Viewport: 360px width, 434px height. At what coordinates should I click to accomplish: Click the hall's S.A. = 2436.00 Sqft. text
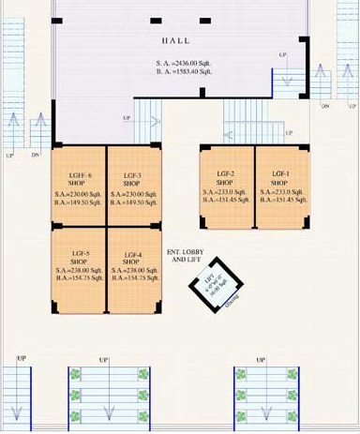[x=184, y=63]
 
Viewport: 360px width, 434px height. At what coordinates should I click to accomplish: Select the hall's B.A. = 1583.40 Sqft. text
[x=184, y=71]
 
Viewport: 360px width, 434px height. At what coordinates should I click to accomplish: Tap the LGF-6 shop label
[x=78, y=178]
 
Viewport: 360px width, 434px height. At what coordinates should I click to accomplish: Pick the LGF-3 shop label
[x=132, y=178]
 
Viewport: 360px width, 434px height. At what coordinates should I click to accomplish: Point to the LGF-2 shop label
[x=225, y=178]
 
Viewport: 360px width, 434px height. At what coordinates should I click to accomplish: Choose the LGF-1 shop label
[x=280, y=178]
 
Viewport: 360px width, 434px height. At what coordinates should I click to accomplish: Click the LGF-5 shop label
[x=79, y=257]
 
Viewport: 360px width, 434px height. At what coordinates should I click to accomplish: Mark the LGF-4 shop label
[x=133, y=257]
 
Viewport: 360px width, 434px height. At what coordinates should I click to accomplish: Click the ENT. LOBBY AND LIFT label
[x=186, y=256]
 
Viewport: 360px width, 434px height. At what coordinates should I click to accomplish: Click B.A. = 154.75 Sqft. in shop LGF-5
[x=79, y=278]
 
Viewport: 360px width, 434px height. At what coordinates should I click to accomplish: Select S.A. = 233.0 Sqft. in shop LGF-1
[x=280, y=191]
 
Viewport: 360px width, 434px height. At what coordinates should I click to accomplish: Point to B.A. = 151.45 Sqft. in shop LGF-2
[x=225, y=200]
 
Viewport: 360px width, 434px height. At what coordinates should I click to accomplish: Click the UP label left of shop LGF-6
[x=10, y=155]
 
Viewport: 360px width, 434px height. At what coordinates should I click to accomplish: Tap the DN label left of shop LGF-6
[x=36, y=155]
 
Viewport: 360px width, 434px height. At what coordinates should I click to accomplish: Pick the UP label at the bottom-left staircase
[x=21, y=359]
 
